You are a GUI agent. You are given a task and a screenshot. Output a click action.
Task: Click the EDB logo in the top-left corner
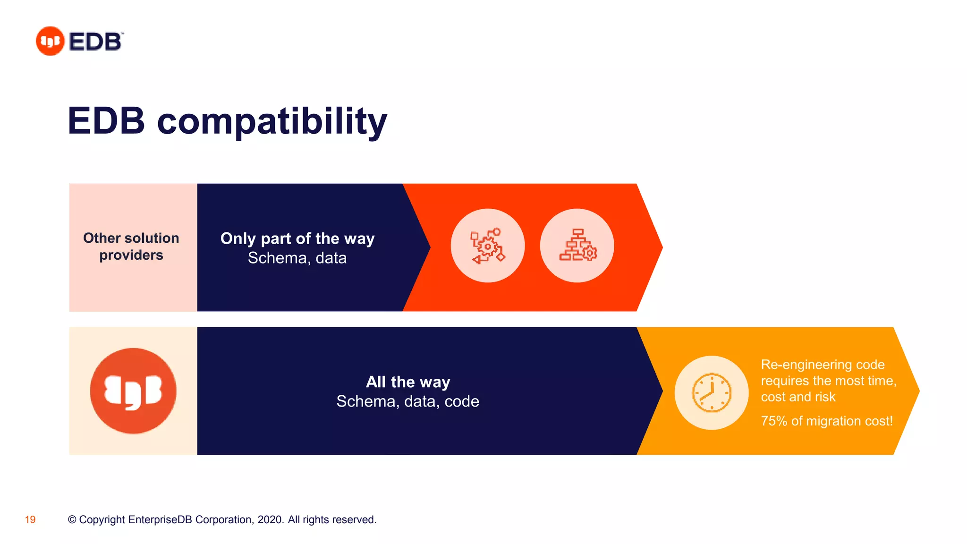pyautogui.click(x=79, y=41)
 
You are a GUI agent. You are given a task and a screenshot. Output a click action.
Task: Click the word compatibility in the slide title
pyautogui.click(x=272, y=121)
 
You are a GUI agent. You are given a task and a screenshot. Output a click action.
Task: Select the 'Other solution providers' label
pyautogui.click(x=131, y=246)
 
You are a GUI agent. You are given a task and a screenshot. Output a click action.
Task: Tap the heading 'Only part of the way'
pyautogui.click(x=297, y=238)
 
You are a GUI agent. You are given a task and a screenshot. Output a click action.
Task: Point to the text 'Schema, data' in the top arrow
pyautogui.click(x=297, y=258)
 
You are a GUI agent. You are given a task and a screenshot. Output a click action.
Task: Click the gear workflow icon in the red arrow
pyautogui.click(x=487, y=246)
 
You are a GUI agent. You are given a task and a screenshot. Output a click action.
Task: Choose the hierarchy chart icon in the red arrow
pyautogui.click(x=577, y=246)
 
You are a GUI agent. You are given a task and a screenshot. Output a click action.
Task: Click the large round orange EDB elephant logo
pyautogui.click(x=133, y=391)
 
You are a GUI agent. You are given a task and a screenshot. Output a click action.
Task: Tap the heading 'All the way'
pyautogui.click(x=408, y=382)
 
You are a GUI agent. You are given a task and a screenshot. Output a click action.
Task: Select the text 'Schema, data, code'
pyautogui.click(x=408, y=401)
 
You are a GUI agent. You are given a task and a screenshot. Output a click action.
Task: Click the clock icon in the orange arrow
pyautogui.click(x=712, y=393)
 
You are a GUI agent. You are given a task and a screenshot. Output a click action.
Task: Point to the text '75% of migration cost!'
pyautogui.click(x=827, y=421)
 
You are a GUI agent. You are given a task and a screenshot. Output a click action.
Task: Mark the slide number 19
pyautogui.click(x=30, y=520)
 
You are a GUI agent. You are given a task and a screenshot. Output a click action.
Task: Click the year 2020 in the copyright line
pyautogui.click(x=270, y=520)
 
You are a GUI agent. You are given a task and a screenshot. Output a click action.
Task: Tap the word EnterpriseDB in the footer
pyautogui.click(x=160, y=520)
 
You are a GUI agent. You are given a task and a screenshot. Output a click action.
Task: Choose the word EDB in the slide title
pyautogui.click(x=106, y=121)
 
